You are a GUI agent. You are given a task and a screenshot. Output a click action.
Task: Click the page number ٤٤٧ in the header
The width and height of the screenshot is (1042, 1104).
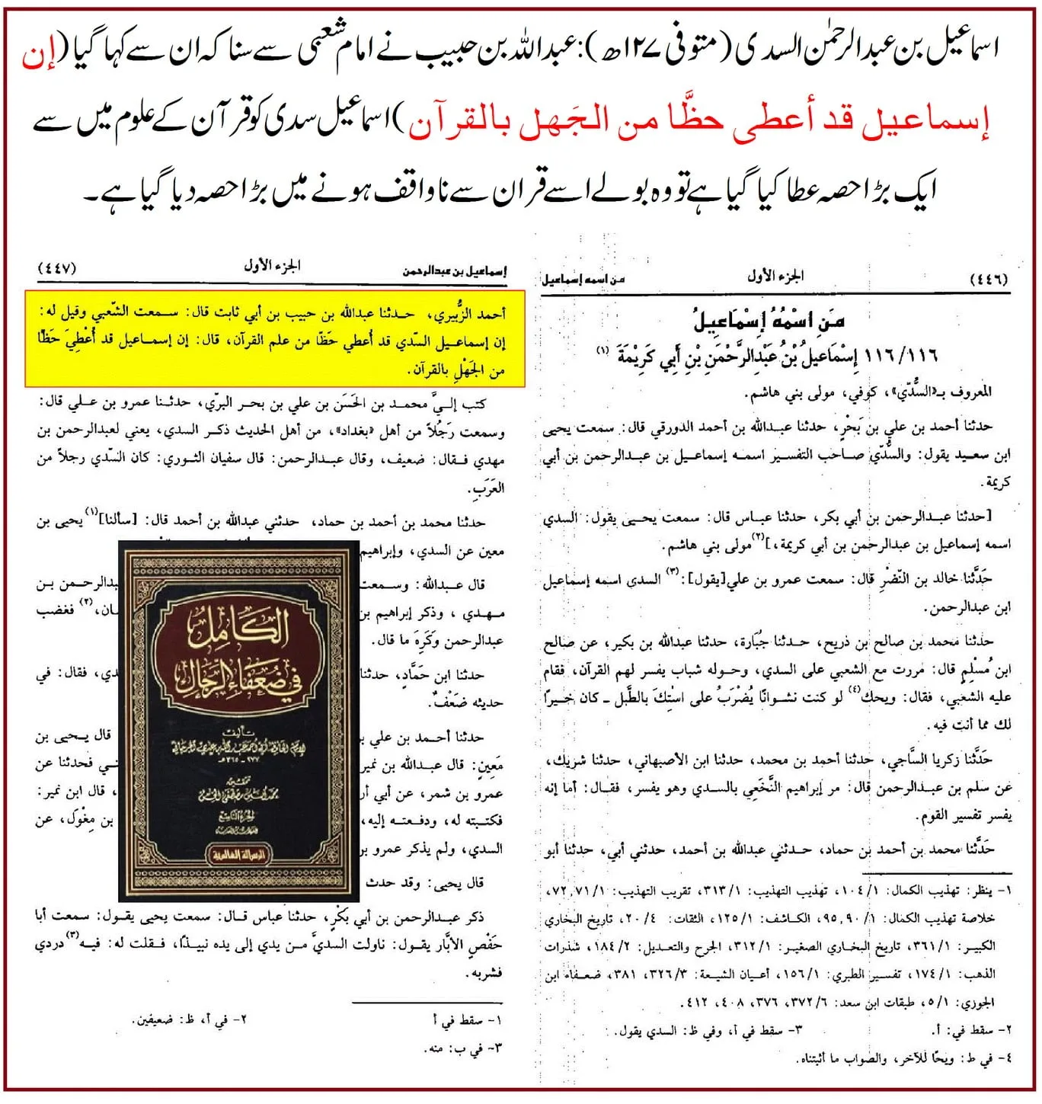point(57,270)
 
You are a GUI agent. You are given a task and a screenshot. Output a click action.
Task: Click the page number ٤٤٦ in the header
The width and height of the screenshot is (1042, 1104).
point(988,279)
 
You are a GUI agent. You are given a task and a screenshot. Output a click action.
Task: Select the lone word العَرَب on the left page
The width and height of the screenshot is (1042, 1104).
point(488,488)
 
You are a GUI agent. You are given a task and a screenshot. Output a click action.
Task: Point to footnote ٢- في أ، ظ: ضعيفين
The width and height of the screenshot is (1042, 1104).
point(190,1019)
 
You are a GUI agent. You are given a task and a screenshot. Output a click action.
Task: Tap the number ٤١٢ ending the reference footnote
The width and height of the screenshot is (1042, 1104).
point(698,1002)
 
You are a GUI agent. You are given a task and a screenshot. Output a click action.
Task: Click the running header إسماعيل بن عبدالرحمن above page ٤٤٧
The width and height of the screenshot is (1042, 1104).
point(455,270)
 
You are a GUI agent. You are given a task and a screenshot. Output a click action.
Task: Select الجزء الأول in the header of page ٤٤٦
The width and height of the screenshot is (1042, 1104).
point(775,276)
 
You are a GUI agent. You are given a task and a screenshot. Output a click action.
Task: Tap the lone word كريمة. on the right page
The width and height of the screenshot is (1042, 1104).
point(996,483)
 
